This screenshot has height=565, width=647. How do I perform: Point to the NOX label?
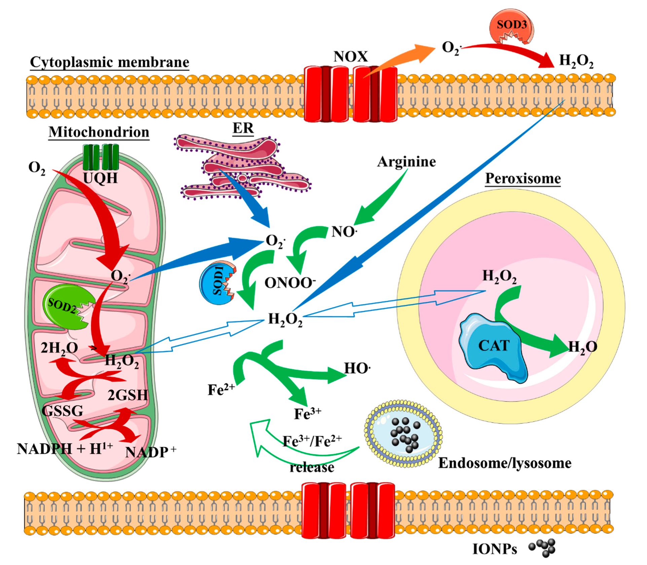350,56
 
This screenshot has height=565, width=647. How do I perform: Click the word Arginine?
406,162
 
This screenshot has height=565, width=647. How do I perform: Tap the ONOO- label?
290,283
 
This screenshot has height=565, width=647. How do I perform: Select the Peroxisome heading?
523,178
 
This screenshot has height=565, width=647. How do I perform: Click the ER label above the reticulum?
243,128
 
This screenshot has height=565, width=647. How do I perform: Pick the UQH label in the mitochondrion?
100,178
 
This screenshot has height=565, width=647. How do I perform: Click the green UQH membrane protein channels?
101,157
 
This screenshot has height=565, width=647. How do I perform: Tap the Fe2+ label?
221,390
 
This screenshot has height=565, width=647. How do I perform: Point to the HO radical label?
357,368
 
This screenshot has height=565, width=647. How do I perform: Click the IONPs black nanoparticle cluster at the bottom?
543,548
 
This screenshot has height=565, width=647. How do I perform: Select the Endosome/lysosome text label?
504,463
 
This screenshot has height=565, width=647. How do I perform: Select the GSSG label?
62,410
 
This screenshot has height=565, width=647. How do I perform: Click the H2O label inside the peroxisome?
582,347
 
